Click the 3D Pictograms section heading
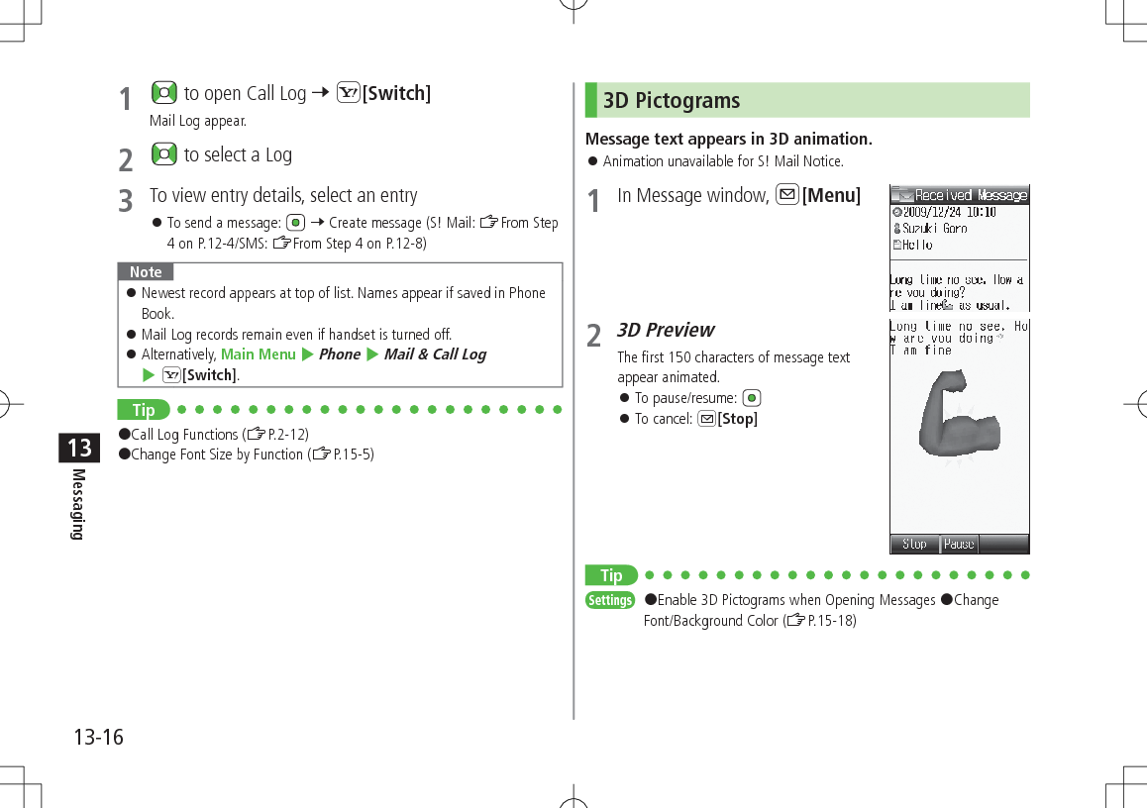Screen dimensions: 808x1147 pos(672,101)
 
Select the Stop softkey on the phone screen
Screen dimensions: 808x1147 pos(914,544)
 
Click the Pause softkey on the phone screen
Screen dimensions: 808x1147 pos(959,544)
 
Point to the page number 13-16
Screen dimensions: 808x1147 pos(98,737)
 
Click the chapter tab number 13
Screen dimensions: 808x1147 pos(79,448)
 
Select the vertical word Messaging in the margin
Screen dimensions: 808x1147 pos(78,505)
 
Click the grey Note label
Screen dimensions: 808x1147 pos(146,271)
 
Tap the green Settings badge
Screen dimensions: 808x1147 pos(610,600)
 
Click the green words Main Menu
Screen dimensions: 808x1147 pos(258,354)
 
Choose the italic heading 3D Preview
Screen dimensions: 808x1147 pos(666,330)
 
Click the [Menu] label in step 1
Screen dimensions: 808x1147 pos(831,196)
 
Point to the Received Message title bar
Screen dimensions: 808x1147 pos(959,195)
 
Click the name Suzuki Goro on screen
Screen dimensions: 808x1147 pos(935,228)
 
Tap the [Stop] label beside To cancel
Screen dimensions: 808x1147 pos(737,419)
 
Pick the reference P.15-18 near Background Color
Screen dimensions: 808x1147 pos(832,621)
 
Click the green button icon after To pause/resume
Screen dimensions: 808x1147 pos(752,398)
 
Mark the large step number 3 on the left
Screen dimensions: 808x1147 pos(125,201)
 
